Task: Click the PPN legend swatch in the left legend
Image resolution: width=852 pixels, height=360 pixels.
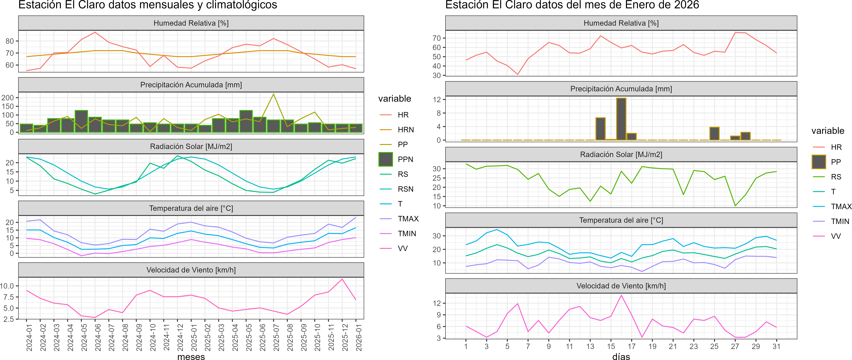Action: point(386,159)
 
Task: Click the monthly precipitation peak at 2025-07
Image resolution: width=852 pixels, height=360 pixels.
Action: point(274,94)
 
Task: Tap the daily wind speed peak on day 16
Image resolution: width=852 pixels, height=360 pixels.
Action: point(621,295)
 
